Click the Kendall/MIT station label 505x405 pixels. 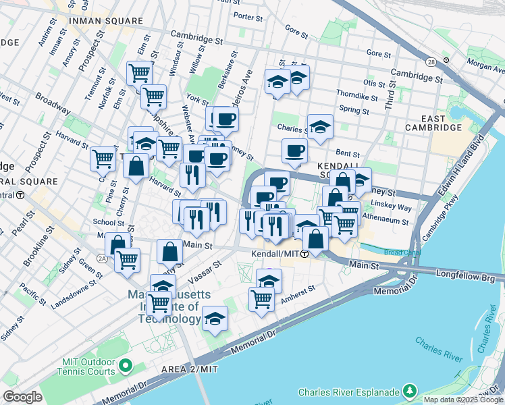tap(275, 254)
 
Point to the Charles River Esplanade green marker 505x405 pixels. tap(409, 391)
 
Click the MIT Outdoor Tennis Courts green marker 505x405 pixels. tap(125, 366)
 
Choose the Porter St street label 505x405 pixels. tap(248, 15)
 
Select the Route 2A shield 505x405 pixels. tap(103, 258)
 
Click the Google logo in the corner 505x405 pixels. tap(22, 397)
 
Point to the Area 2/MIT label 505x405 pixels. tap(190, 369)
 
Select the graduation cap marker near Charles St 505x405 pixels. tap(320, 126)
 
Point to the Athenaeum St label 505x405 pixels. tap(386, 220)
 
